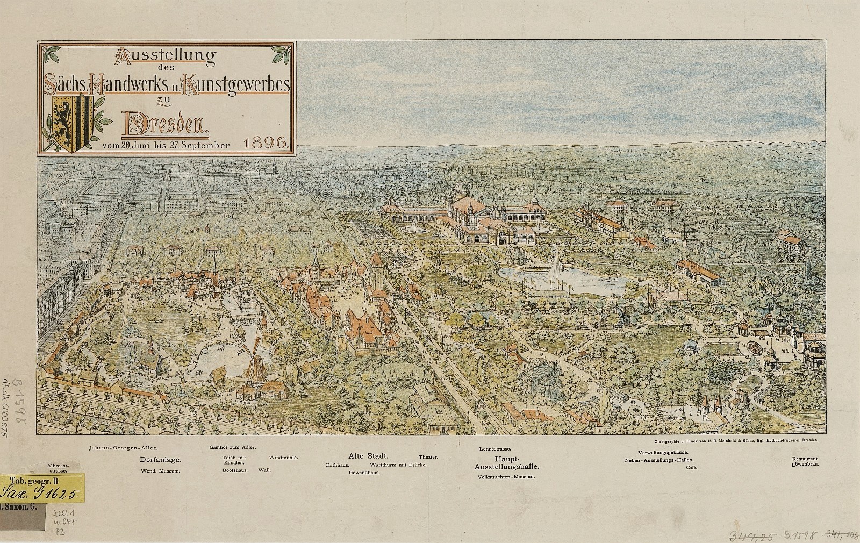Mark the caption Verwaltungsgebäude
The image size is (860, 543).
[664, 453]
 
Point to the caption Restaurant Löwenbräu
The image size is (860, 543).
[805, 462]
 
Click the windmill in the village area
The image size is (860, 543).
[256, 367]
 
